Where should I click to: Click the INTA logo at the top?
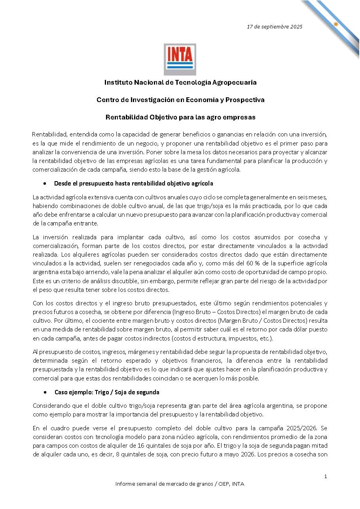[180, 59]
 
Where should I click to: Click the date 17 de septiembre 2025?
[275, 27]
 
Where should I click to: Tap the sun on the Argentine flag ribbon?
[335, 24]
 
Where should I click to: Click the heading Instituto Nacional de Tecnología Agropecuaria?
[180, 83]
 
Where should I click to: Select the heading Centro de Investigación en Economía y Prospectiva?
[180, 100]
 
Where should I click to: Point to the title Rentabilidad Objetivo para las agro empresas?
[180, 117]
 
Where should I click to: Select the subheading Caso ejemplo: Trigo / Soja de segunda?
[107, 392]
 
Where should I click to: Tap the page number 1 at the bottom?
[326, 477]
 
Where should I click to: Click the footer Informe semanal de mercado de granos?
[180, 484]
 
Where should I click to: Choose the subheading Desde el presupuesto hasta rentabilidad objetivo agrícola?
[134, 184]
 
